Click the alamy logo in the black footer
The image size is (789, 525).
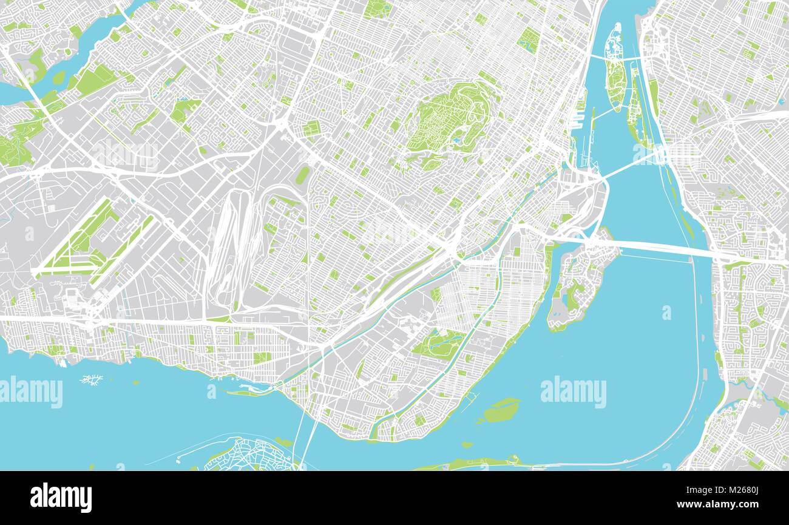click(x=61, y=498)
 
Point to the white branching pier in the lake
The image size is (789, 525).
click(x=91, y=380)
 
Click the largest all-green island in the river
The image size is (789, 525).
click(x=501, y=411)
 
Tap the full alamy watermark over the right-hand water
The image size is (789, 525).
click(x=573, y=392)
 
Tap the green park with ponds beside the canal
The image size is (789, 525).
click(x=438, y=344)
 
